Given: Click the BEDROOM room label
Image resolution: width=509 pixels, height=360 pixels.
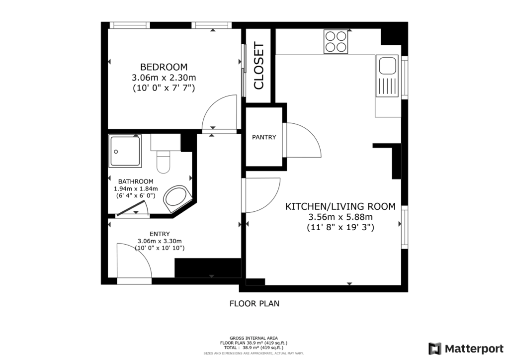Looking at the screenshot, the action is pyautogui.click(x=164, y=67).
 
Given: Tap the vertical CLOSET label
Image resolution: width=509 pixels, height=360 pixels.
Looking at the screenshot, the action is pyautogui.click(x=259, y=66).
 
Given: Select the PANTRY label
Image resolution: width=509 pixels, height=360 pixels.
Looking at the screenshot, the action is pyautogui.click(x=264, y=137).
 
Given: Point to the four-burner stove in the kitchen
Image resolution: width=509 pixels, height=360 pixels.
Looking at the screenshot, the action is pyautogui.click(x=336, y=42).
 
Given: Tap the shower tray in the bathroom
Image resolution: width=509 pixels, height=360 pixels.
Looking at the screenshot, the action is pyautogui.click(x=125, y=151).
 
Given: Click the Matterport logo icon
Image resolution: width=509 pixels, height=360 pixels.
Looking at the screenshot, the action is pyautogui.click(x=434, y=349).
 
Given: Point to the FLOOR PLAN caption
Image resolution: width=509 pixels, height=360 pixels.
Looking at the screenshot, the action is pyautogui.click(x=254, y=303).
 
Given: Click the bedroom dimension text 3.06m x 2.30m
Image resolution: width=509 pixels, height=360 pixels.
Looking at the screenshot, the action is pyautogui.click(x=164, y=78).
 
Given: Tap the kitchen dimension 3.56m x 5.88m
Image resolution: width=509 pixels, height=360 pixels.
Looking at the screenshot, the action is pyautogui.click(x=340, y=217).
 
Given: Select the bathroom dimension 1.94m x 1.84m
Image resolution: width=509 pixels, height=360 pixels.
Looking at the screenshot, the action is pyautogui.click(x=136, y=188).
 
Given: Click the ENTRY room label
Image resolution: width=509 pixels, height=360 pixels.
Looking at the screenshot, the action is pyautogui.click(x=160, y=234).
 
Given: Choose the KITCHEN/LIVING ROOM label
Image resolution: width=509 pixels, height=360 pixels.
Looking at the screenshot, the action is pyautogui.click(x=340, y=206).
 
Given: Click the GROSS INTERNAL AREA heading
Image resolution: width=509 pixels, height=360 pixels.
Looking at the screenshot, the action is pyautogui.click(x=254, y=338).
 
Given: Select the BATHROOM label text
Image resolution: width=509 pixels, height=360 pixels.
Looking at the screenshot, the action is pyautogui.click(x=136, y=181).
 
